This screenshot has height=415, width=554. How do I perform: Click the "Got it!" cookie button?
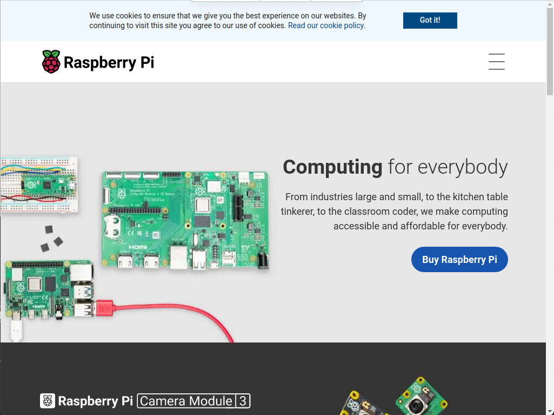[430, 21]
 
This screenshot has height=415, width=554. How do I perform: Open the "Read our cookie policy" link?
[326, 25]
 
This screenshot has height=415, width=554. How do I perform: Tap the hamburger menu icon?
[496, 62]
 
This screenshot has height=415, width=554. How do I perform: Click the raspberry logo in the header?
[51, 62]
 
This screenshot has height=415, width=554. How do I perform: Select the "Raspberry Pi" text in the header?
[109, 62]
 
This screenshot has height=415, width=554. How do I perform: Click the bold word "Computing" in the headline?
[332, 167]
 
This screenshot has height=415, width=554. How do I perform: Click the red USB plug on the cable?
[104, 308]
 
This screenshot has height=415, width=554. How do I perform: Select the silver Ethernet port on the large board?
[178, 256]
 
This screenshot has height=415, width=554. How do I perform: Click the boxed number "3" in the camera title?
[243, 401]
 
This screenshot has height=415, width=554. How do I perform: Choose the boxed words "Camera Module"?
[186, 401]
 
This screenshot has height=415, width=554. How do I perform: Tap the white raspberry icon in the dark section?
[48, 401]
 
